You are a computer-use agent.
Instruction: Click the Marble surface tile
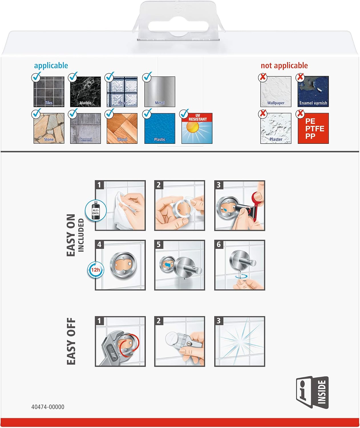click(86, 92)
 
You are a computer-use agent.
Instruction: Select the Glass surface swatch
click(122, 92)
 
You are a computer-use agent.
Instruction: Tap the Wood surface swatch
click(122, 128)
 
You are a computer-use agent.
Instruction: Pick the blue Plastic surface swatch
click(160, 128)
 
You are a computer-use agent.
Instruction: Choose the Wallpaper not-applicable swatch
click(276, 92)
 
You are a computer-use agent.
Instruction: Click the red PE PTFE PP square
click(313, 128)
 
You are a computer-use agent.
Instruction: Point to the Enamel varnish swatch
click(313, 92)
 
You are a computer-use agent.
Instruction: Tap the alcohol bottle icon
click(96, 210)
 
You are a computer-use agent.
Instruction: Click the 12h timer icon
click(96, 270)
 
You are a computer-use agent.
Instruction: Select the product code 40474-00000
click(48, 407)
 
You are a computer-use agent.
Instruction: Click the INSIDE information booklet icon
click(312, 392)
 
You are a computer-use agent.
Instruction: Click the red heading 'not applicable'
click(284, 66)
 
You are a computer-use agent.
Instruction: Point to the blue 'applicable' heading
click(51, 66)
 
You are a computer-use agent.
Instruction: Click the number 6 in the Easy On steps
click(219, 245)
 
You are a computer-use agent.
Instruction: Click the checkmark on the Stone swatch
click(37, 113)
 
